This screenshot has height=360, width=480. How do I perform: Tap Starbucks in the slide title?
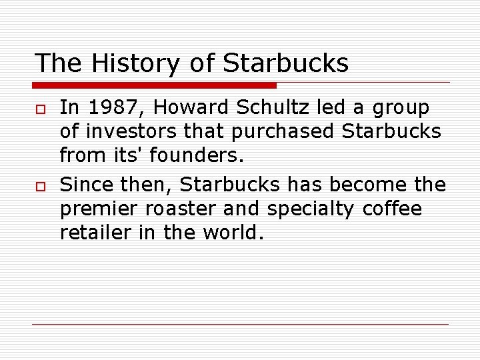click(x=285, y=63)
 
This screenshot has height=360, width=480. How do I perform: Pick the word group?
click(x=401, y=108)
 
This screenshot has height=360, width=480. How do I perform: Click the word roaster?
click(x=185, y=209)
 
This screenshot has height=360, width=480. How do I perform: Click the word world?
click(x=235, y=233)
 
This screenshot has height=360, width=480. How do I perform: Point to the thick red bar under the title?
click(x=154, y=85)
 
